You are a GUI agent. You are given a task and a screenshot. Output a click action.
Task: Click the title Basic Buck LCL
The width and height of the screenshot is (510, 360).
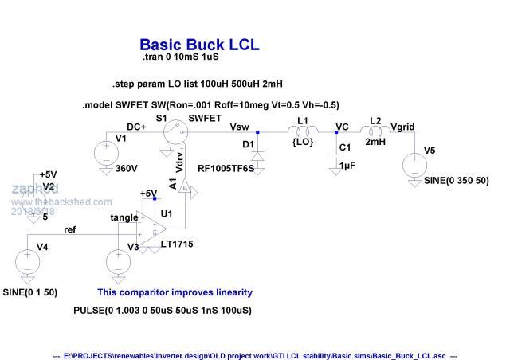point(199,45)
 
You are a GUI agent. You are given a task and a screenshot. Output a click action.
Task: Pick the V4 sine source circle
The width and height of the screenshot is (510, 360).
point(27,262)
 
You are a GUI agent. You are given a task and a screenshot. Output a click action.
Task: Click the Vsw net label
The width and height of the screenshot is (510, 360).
point(239,126)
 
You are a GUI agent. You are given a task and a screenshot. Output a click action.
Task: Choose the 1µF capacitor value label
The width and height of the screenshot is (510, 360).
point(346,165)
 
